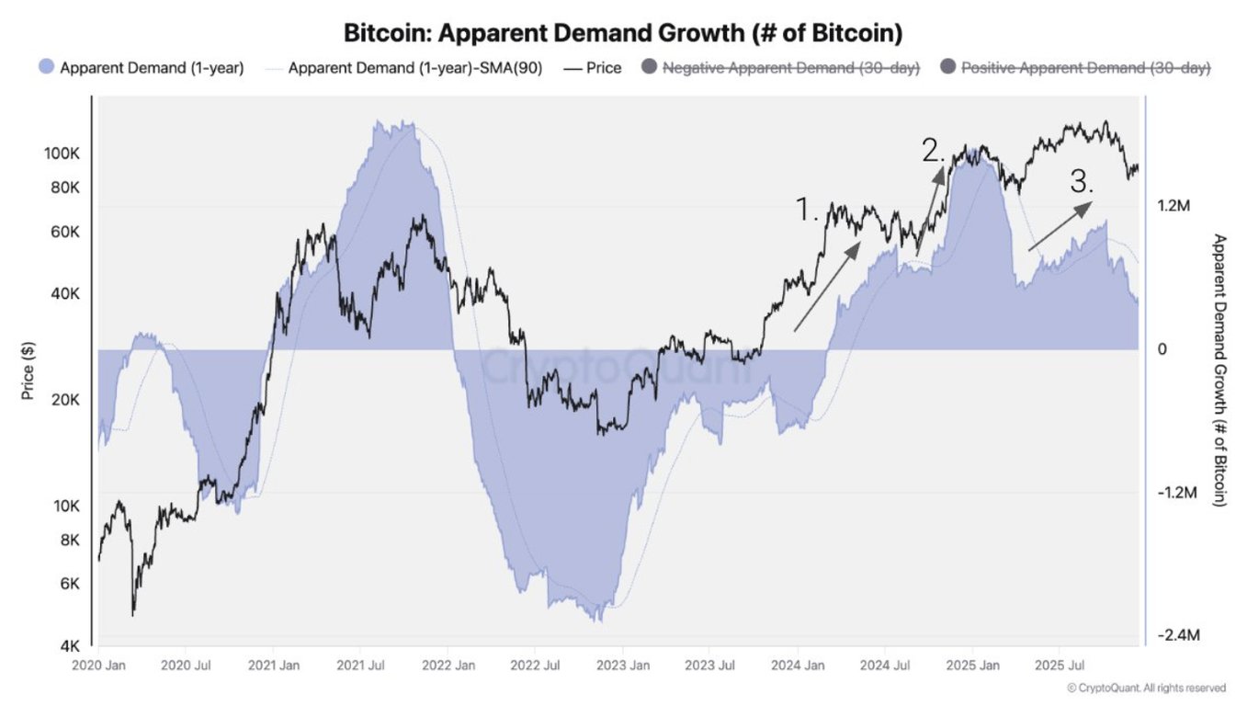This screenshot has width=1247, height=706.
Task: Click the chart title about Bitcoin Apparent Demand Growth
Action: tap(623, 34)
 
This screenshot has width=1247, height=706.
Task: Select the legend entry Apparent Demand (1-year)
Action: tap(142, 68)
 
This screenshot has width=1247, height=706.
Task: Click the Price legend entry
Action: tap(593, 68)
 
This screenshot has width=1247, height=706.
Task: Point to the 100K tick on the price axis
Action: tap(63, 153)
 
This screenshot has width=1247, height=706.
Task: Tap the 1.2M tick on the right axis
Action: tap(1173, 206)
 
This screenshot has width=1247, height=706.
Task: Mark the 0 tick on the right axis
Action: tap(1162, 349)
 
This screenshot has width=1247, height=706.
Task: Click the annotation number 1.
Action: tap(806, 211)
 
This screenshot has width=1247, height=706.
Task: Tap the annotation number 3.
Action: tap(1082, 181)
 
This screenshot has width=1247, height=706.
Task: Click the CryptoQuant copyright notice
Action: tap(1146, 688)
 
